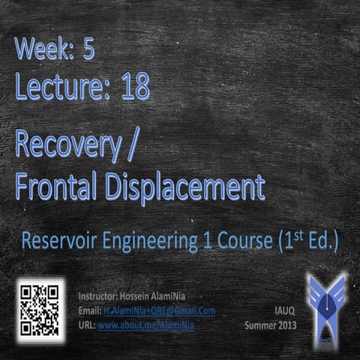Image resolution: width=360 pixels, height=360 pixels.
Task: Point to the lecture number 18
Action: tap(133, 88)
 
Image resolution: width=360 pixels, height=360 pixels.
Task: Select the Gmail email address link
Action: tap(159, 310)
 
